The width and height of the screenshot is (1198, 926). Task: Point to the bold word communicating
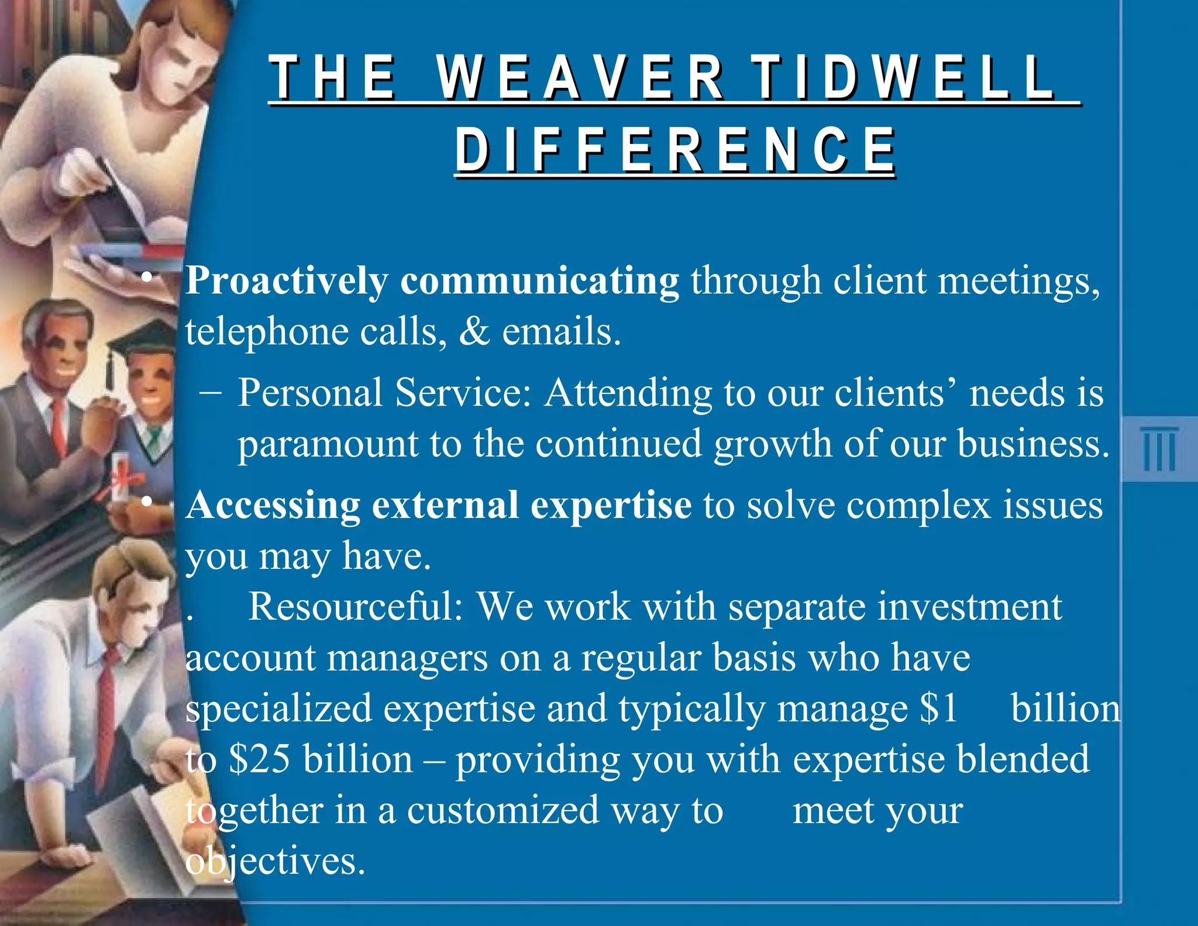[x=539, y=282]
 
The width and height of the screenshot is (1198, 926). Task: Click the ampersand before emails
[x=474, y=332]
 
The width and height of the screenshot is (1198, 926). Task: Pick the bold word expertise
[x=611, y=506]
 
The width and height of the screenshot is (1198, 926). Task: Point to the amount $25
[x=260, y=760]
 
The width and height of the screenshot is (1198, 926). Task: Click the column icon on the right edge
[x=1158, y=449]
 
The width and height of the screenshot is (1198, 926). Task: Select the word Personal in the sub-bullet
[x=310, y=393]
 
